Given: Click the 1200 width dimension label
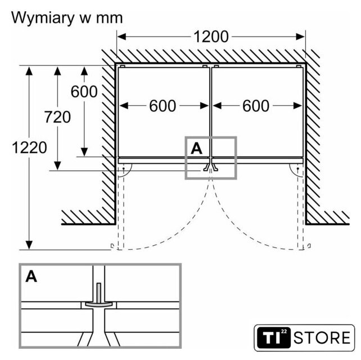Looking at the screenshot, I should (211, 37).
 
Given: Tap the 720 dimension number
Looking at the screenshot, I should (58, 117).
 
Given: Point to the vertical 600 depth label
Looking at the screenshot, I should (84, 92).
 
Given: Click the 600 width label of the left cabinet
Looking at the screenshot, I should (163, 105).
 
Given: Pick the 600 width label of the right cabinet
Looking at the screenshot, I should (256, 105).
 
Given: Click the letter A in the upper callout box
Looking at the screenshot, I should (196, 148).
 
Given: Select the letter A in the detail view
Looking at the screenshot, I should (31, 277).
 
